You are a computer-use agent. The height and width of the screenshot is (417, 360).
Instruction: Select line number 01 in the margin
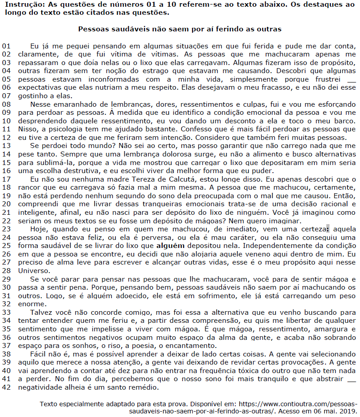6,46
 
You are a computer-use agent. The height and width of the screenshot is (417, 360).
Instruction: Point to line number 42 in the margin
6,387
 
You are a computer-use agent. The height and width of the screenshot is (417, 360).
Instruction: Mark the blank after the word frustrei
351,79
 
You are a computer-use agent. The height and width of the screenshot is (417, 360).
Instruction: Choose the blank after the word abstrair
351,379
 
